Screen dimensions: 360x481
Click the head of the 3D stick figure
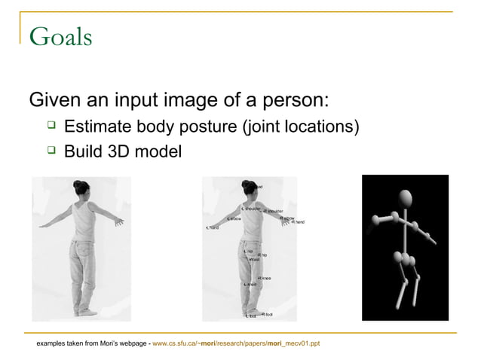[x=406, y=199]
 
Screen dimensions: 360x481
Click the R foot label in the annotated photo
[x=267, y=314]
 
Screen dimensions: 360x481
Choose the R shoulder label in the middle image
[x=271, y=212]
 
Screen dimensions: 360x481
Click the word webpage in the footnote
[x=129, y=343]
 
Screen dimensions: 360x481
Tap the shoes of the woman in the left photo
[x=84, y=311]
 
